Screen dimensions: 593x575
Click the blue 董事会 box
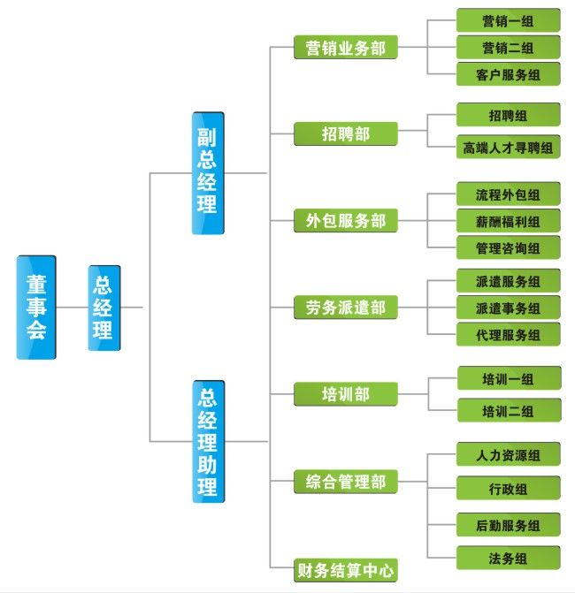pos(35,308)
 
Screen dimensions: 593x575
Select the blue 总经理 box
pos(103,308)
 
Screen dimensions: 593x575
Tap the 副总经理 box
pos(208,173)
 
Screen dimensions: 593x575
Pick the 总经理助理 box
pos(208,441)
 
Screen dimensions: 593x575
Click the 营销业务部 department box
pos(346,48)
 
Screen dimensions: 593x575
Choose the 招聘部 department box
pos(346,133)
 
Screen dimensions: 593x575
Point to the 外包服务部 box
pos(346,220)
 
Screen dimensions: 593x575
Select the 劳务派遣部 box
pos(346,308)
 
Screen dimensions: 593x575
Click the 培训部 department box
pos(346,394)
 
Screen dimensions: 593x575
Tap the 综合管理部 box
pos(346,482)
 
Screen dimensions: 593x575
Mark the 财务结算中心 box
pos(346,570)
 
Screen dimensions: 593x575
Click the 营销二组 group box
pos(508,47)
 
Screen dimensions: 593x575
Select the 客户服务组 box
pos(508,74)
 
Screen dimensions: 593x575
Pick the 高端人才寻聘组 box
pos(508,147)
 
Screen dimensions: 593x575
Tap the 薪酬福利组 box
pos(508,221)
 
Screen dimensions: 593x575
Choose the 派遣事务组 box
pos(508,308)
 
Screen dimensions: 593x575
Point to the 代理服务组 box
pos(508,335)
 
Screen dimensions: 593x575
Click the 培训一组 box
pos(508,379)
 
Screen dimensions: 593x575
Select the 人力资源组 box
pos(508,455)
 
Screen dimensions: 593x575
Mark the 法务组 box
pos(508,558)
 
